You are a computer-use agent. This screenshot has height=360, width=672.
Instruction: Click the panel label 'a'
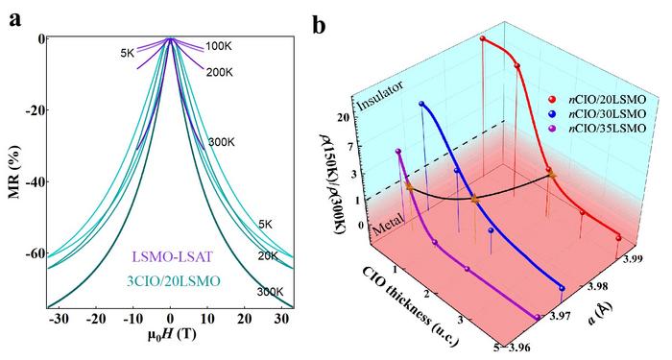coord(13,17)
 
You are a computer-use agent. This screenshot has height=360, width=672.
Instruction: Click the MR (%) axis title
coord(16,168)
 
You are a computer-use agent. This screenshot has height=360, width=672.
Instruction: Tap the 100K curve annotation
coord(219,46)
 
